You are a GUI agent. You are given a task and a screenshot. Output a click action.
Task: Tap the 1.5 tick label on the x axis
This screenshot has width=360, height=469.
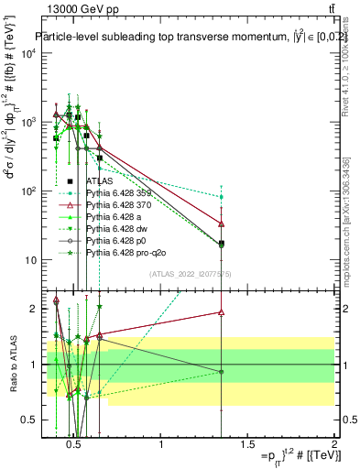[x=247, y=446]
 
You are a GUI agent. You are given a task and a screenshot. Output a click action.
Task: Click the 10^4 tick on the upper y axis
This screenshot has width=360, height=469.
[x=27, y=53]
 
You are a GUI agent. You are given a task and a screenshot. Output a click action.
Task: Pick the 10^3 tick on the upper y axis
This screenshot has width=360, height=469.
[x=27, y=122]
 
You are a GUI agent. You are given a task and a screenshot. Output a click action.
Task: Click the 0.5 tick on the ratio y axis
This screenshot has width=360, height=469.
[x=27, y=420]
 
